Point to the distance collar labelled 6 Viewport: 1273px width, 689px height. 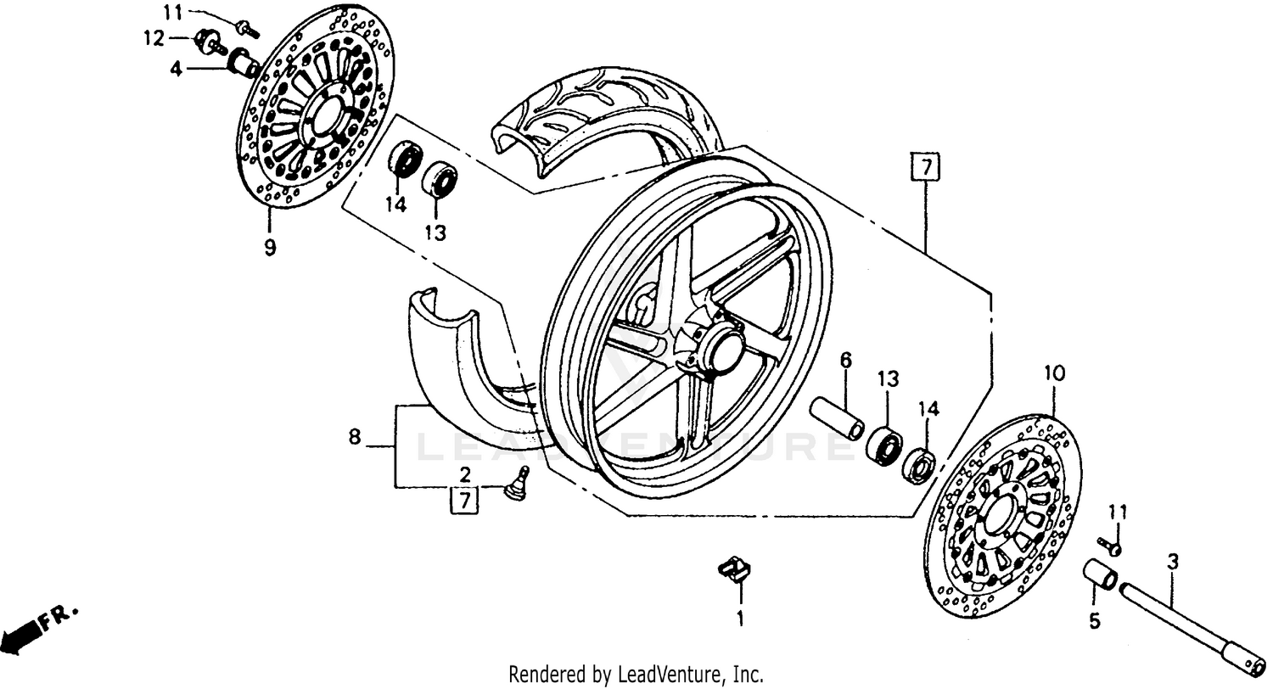(x=837, y=417)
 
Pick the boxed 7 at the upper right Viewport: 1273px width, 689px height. (x=926, y=167)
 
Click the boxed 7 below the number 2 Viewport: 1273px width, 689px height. (x=464, y=501)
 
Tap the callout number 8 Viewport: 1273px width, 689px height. (x=355, y=439)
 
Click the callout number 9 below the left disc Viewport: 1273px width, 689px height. (x=269, y=249)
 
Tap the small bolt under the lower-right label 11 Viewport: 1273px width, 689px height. (x=1108, y=545)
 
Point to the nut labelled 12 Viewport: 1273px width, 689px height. (x=206, y=41)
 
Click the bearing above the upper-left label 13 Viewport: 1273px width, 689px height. (x=440, y=179)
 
